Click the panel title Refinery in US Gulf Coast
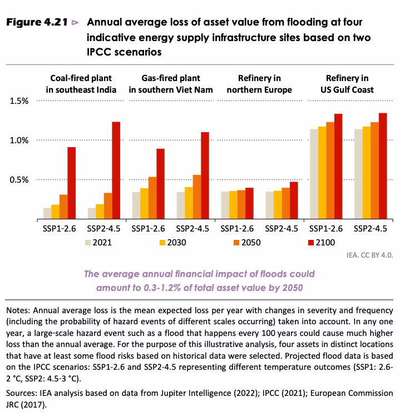point(347,84)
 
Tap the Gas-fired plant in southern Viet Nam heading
point(172,84)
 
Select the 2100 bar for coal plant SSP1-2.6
point(71,183)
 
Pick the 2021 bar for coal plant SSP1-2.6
point(47,213)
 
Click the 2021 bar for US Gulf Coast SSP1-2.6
point(314,174)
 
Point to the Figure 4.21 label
point(37,23)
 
